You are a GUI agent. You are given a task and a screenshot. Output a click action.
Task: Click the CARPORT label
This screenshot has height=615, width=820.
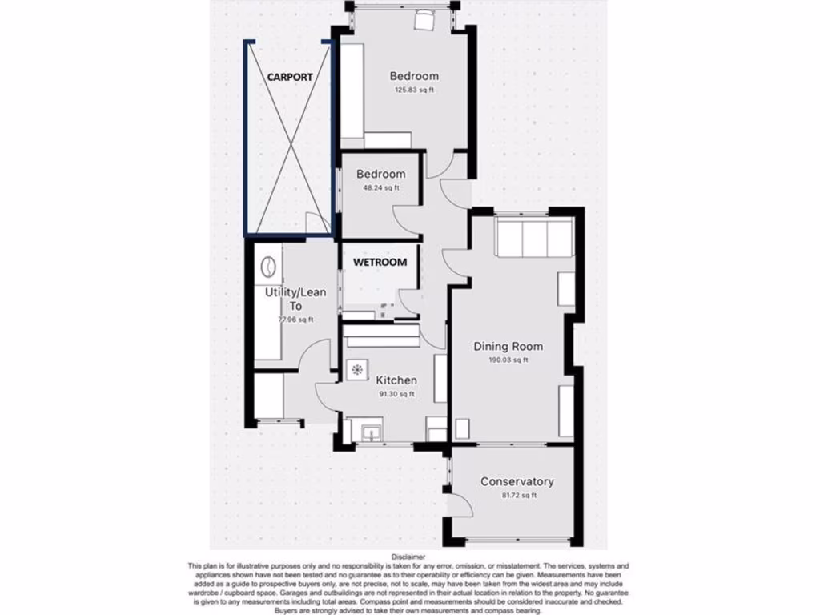(290, 78)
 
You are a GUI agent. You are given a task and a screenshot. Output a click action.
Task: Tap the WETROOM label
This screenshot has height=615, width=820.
(380, 262)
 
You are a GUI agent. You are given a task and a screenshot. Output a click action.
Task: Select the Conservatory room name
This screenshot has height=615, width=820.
(517, 481)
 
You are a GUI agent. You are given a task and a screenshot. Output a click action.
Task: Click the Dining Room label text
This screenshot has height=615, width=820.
(508, 346)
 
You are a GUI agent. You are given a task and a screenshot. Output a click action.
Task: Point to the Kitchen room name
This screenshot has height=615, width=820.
(396, 380)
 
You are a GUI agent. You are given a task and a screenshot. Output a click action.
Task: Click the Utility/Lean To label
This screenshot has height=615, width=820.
(295, 299)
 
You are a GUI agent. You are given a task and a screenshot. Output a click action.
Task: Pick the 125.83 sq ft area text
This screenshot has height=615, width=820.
(414, 90)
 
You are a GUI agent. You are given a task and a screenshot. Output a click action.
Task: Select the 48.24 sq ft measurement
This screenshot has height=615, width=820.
(380, 188)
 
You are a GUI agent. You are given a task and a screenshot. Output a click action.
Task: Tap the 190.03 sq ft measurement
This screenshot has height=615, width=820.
(508, 360)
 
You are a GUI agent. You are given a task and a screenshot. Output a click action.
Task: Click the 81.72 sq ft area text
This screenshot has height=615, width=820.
(517, 495)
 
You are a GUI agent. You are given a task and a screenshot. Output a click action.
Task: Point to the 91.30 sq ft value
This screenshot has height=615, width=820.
(396, 393)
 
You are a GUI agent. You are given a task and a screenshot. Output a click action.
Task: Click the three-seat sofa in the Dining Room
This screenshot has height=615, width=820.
(534, 238)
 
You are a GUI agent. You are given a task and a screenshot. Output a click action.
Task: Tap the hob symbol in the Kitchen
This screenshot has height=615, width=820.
(356, 369)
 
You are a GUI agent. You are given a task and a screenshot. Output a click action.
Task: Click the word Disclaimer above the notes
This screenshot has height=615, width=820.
(408, 556)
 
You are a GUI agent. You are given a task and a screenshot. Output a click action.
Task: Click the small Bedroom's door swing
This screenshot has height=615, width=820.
(404, 220)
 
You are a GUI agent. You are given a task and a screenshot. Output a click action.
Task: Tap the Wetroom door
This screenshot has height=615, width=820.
(409, 300)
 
